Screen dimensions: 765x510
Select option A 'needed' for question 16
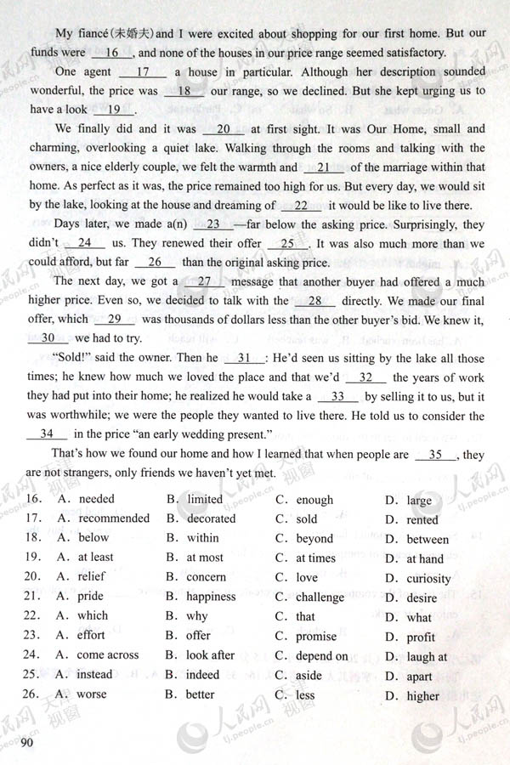[95, 499]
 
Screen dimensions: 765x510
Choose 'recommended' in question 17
[113, 518]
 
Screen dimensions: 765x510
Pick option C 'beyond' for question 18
[314, 538]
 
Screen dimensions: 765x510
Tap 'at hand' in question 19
[424, 558]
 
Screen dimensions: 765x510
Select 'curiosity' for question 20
[428, 579]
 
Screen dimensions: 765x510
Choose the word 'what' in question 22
[419, 618]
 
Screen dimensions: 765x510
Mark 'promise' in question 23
[315, 637]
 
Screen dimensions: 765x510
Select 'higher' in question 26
[422, 696]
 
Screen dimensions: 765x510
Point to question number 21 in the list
[34, 597]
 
